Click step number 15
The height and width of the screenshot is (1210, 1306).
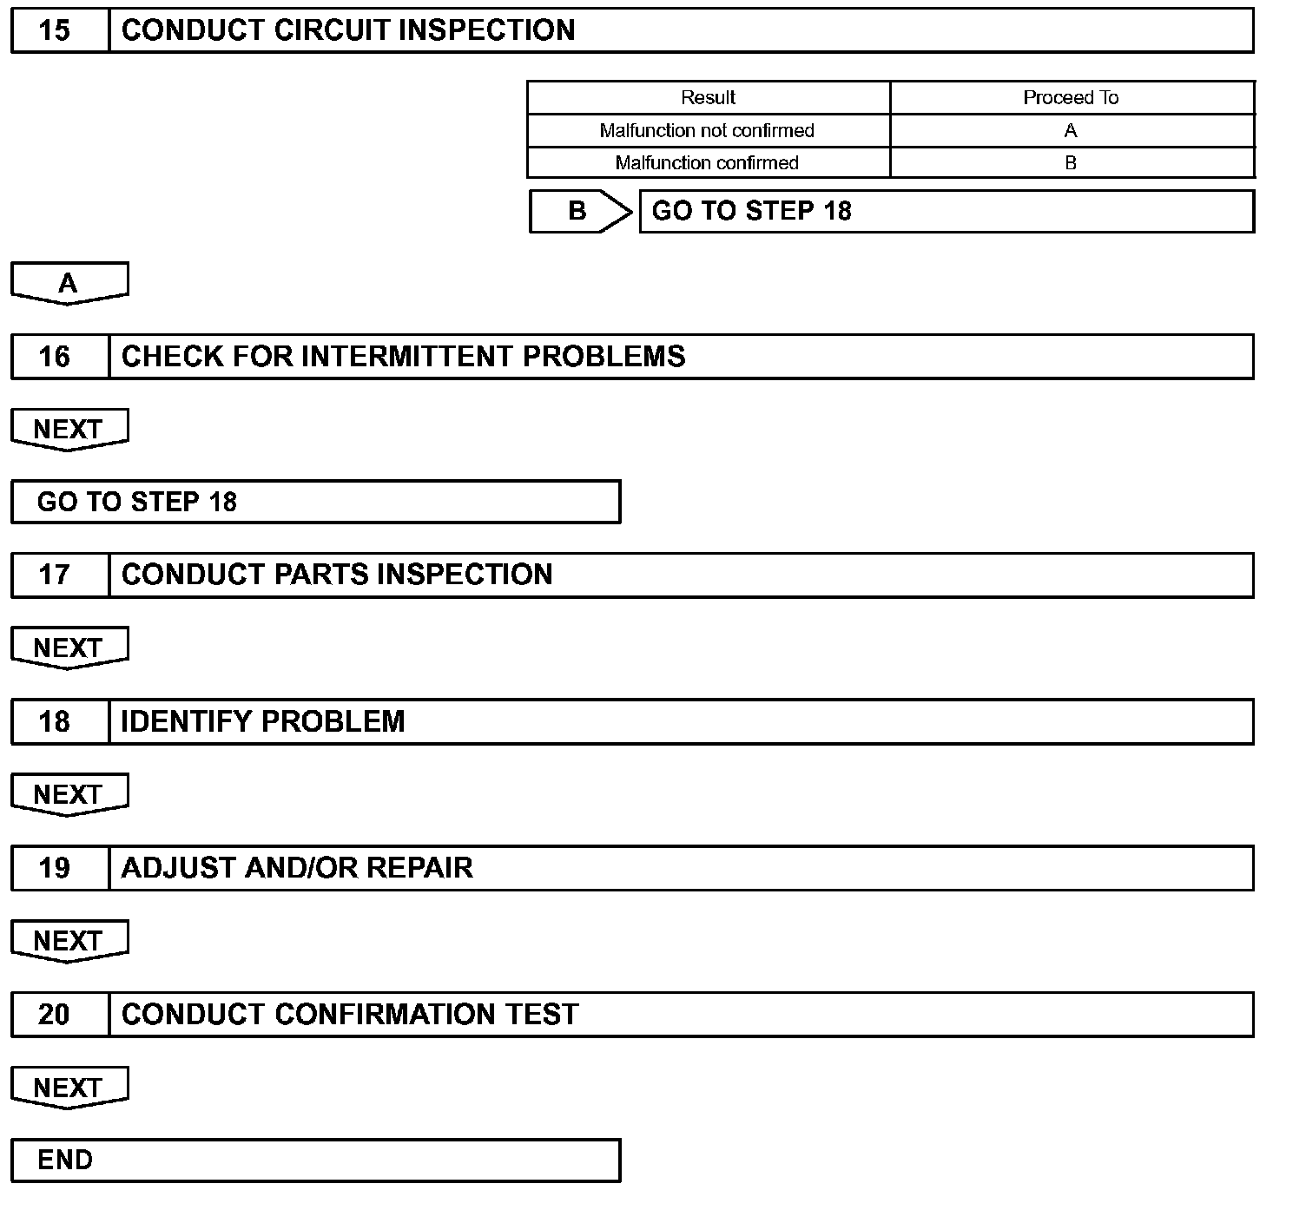(54, 30)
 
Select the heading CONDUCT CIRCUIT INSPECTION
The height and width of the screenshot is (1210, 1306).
(348, 30)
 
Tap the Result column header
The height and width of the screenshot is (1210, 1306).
(708, 97)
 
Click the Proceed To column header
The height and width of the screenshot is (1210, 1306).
(1071, 97)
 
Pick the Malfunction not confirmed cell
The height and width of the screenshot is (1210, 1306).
(707, 130)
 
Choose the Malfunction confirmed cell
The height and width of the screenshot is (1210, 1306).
(707, 162)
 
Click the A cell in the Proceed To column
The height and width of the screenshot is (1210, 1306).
(1071, 130)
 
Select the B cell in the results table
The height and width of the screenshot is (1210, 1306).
(1071, 162)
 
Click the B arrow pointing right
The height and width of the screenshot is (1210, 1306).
(579, 211)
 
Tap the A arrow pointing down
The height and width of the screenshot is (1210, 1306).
(69, 283)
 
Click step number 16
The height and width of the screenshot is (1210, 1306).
(54, 357)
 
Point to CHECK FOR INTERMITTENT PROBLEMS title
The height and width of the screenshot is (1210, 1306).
(403, 357)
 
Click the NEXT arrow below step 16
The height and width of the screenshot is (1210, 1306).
(69, 429)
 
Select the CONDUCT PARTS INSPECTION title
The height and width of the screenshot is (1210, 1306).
(337, 575)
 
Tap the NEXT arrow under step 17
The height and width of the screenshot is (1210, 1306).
(69, 648)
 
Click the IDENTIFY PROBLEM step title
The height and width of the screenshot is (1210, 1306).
(262, 721)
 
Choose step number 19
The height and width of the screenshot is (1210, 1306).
(54, 868)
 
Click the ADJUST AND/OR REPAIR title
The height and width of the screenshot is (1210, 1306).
(297, 868)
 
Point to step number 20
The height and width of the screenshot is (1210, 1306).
(54, 1015)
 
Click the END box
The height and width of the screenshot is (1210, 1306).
(315, 1161)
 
